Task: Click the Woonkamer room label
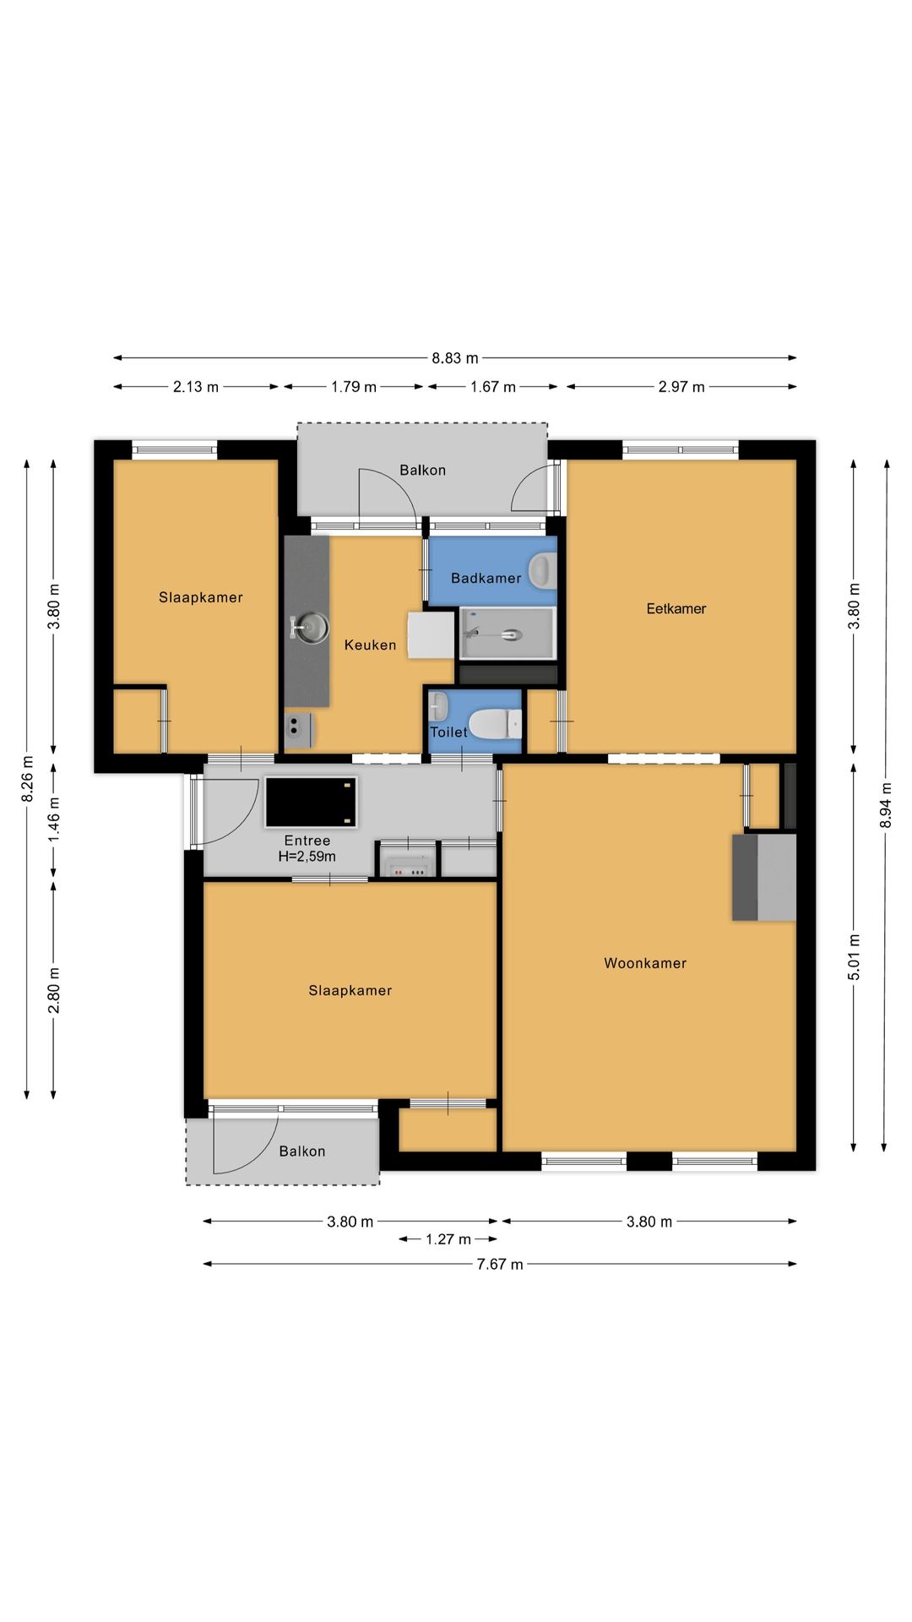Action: [x=645, y=963]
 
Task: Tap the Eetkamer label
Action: [x=676, y=608]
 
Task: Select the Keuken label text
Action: [x=370, y=645]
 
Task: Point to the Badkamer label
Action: [x=486, y=578]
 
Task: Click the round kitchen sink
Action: [x=310, y=627]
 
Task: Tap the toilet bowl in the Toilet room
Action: [x=495, y=724]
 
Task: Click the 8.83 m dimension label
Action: [x=455, y=358]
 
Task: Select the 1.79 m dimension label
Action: [x=354, y=387]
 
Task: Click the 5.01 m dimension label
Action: [x=854, y=958]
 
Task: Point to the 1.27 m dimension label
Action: [x=448, y=1239]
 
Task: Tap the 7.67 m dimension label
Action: [x=500, y=1265]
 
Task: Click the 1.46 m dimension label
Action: [x=54, y=819]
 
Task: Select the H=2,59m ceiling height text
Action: [x=307, y=857]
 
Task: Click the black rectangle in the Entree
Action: [x=311, y=802]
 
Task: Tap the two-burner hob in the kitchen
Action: [x=299, y=731]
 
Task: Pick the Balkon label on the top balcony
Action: [x=422, y=471]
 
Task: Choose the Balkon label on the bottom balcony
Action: [x=301, y=1151]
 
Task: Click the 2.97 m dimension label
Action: [x=681, y=387]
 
